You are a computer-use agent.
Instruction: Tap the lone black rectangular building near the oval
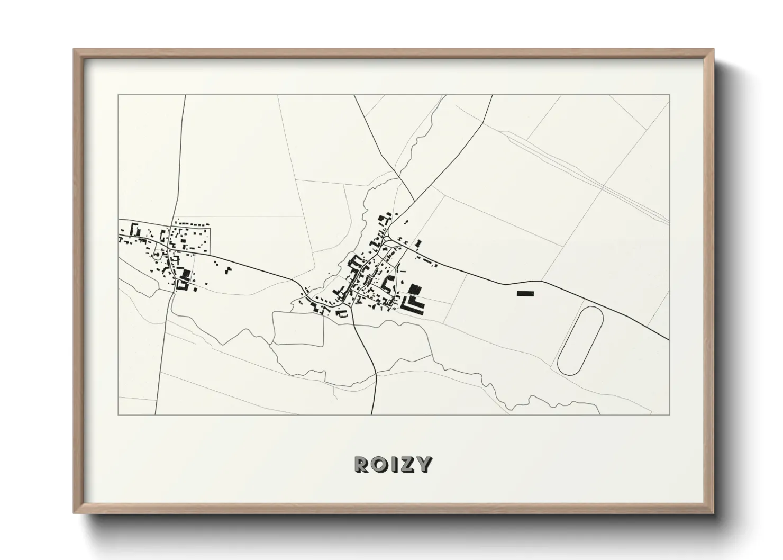pyautogui.click(x=525, y=293)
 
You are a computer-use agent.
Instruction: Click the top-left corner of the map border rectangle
pyautogui.click(x=119, y=95)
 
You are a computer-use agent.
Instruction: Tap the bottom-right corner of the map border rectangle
pyautogui.click(x=669, y=414)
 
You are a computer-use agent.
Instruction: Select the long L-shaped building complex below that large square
pyautogui.click(x=413, y=305)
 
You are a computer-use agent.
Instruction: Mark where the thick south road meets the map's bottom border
pyautogui.click(x=373, y=414)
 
